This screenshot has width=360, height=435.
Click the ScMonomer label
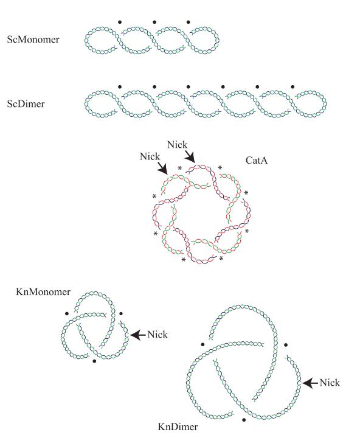click(x=33, y=40)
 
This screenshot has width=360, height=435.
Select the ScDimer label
click(x=26, y=104)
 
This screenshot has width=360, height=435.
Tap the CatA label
click(x=257, y=160)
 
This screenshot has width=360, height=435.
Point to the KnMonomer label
click(x=43, y=291)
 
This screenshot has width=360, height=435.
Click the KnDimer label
click(x=178, y=426)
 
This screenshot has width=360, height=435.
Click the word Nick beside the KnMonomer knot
click(x=157, y=335)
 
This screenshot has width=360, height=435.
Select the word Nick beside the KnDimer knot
click(x=330, y=383)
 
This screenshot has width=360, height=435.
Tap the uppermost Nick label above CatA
click(x=177, y=145)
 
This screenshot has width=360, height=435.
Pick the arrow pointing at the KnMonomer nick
click(x=138, y=335)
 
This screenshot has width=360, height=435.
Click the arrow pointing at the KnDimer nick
click(x=310, y=383)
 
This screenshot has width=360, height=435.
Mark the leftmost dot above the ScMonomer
click(x=120, y=22)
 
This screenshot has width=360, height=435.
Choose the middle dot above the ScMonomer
click(x=154, y=22)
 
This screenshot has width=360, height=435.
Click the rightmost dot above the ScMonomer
click(x=189, y=22)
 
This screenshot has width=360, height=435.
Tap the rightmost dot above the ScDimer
click(x=292, y=87)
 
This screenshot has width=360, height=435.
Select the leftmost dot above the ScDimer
click(x=120, y=87)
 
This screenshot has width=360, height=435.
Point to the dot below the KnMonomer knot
click(x=94, y=361)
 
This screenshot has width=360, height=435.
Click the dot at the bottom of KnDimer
click(x=244, y=420)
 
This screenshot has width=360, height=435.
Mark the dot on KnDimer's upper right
click(x=286, y=345)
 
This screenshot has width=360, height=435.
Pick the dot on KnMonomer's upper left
click(x=67, y=314)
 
